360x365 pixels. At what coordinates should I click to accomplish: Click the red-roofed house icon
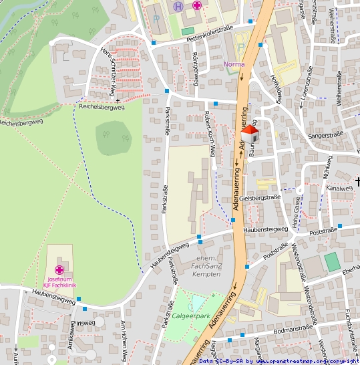pos(250,134)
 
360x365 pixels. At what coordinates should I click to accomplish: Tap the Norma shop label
pos(234,64)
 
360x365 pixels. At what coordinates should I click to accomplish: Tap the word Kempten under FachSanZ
pos(206,274)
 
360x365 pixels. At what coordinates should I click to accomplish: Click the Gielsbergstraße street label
pos(259,198)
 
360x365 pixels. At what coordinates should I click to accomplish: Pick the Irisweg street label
pos(86,322)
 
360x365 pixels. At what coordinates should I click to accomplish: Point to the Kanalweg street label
pos(339,189)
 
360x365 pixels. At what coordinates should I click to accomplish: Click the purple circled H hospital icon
pos(178,6)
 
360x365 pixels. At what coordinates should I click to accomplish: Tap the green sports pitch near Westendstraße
pos(331,261)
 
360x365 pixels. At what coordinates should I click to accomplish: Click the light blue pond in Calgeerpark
pos(198,304)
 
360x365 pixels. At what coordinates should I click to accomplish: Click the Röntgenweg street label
pos(196,68)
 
